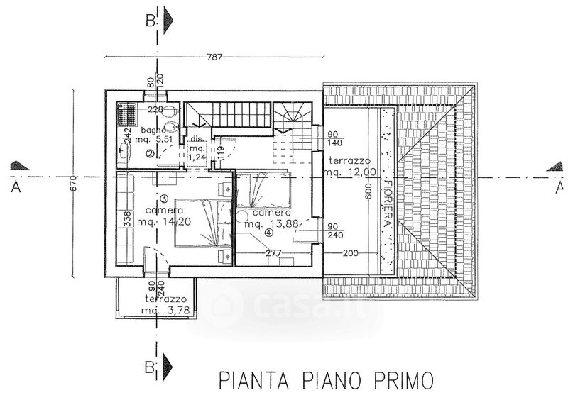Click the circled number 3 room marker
tap(163, 199)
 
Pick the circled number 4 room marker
tap(268, 232)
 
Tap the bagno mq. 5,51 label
tap(156, 135)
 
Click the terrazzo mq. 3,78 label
tap(163, 305)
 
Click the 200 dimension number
tap(351, 253)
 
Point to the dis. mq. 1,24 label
tap(197, 149)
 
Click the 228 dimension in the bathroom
tap(155, 110)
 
